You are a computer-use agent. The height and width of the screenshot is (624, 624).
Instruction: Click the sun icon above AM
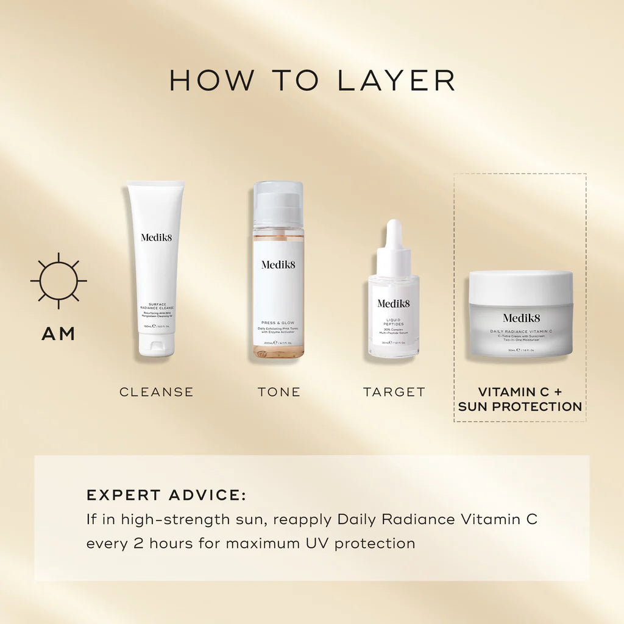tap(58, 281)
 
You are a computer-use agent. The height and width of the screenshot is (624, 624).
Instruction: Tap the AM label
tap(58, 333)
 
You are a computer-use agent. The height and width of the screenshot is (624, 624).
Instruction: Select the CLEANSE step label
tap(157, 392)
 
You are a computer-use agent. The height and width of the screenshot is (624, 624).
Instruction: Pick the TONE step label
tap(279, 392)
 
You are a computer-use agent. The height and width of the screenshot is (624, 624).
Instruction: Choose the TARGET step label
tap(394, 392)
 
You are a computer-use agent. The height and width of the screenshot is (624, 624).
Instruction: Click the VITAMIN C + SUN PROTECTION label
tap(520, 399)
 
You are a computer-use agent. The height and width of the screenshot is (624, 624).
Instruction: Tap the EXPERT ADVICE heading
tap(166, 495)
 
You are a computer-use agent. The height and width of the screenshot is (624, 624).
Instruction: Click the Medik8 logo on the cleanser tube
tap(157, 237)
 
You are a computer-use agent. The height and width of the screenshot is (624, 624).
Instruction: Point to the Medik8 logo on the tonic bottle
tap(278, 264)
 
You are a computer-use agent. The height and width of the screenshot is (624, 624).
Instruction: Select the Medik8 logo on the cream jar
tap(521, 317)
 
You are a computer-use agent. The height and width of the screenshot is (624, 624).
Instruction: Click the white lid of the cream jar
tap(521, 286)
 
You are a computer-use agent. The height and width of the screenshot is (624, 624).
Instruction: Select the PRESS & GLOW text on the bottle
tap(278, 322)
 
